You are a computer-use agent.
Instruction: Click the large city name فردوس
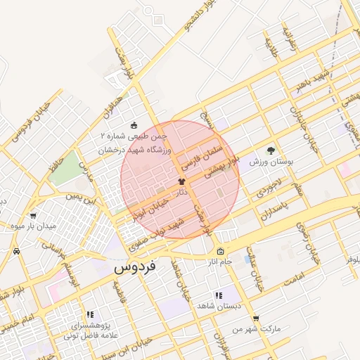click(136, 267)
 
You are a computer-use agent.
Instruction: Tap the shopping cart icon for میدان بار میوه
click(33, 216)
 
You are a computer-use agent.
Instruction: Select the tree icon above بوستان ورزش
click(271, 150)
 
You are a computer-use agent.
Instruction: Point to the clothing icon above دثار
click(181, 182)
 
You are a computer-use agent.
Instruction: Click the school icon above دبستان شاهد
click(218, 296)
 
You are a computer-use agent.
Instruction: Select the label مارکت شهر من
click(257, 328)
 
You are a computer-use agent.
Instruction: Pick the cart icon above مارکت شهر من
click(255, 318)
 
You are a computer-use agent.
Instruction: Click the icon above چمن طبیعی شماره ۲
click(135, 125)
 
